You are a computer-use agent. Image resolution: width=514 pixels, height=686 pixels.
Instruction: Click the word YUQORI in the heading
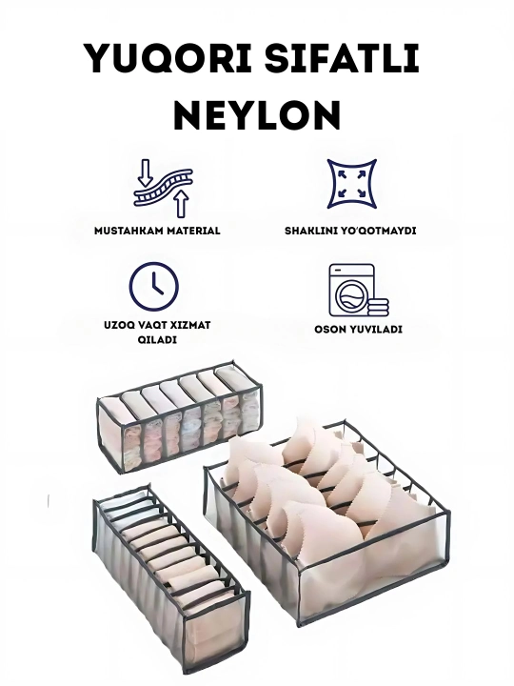coord(169,58)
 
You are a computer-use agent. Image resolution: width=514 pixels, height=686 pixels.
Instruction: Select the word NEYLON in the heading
coord(257,114)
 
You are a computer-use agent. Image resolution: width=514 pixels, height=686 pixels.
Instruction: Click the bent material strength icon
coord(163,188)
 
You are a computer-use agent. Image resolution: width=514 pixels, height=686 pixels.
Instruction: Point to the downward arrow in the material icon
coord(146,173)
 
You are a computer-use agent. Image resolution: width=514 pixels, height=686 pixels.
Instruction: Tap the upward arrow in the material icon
coord(181,204)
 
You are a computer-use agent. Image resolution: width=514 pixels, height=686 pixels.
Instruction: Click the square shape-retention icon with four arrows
coord(352,184)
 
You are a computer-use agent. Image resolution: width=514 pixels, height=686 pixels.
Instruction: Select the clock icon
coord(153,287)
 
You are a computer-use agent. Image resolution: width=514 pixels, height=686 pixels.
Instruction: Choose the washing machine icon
coord(352,290)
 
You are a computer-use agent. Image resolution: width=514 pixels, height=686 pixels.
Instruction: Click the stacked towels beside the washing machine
coord(378,307)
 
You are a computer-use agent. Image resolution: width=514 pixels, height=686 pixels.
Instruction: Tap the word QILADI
coord(157,339)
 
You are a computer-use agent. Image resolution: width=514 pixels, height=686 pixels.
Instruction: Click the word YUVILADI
coord(375,330)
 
